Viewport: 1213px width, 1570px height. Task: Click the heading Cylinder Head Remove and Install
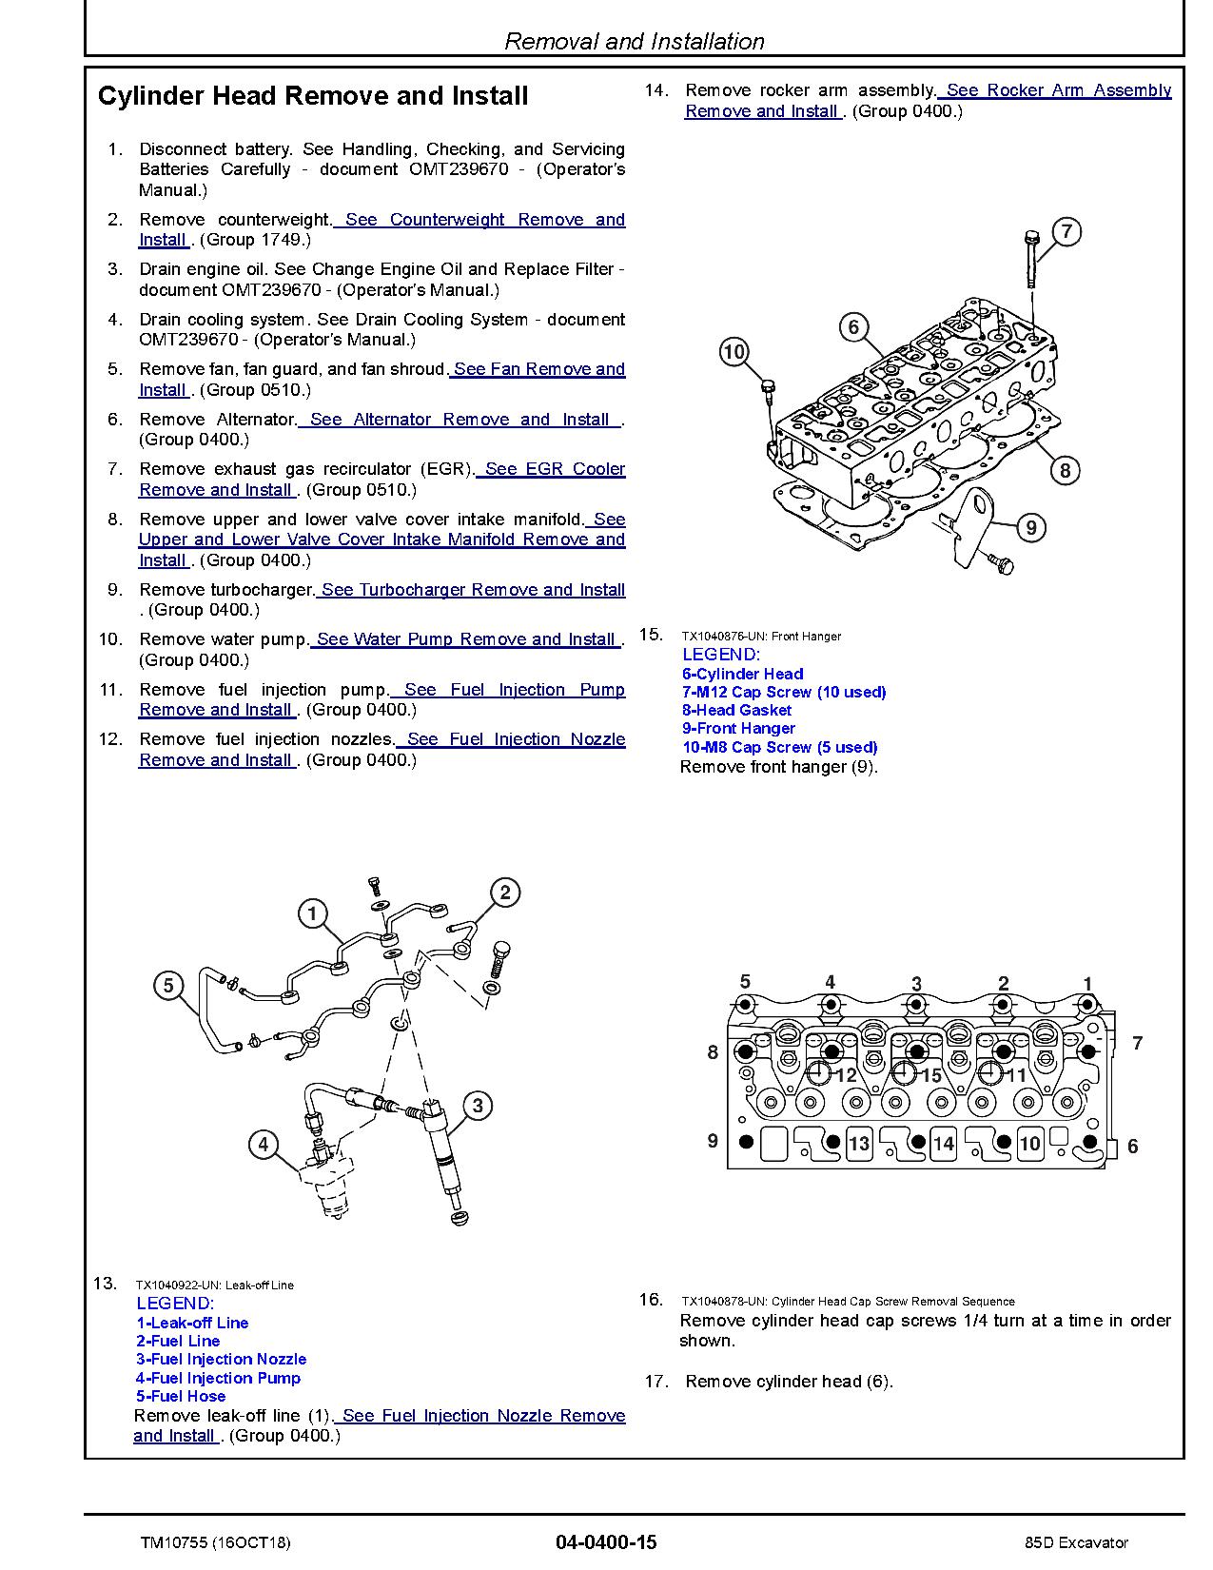(313, 96)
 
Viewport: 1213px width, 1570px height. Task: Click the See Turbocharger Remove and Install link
(472, 590)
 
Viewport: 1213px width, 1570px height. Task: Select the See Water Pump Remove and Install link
(466, 639)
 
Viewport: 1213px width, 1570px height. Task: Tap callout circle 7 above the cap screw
(1066, 231)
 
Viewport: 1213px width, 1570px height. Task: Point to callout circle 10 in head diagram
(734, 352)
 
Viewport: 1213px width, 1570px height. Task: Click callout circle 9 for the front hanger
(1030, 527)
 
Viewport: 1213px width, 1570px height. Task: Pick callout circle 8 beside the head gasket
(1065, 470)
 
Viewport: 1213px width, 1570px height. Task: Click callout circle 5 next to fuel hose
(168, 985)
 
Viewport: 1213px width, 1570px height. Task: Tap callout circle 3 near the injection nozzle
(478, 1105)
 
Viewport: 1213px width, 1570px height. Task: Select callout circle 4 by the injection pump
(264, 1145)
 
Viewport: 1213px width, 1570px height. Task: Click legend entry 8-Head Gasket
(736, 710)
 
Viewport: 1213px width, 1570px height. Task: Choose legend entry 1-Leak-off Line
(192, 1323)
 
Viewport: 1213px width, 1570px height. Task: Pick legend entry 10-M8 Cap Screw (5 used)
(779, 747)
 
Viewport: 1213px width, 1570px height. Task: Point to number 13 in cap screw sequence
(858, 1143)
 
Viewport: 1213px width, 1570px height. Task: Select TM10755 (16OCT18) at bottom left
(215, 1542)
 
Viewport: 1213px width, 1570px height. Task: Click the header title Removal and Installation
(634, 42)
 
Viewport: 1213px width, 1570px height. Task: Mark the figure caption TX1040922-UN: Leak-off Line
(214, 1285)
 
